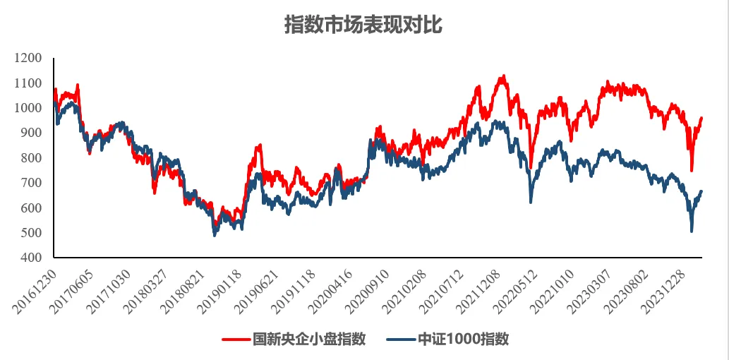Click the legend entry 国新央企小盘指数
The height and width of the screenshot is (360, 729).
pos(309,339)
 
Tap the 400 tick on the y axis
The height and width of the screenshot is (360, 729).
pos(31,258)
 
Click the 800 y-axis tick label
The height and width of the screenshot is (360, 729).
pos(31,158)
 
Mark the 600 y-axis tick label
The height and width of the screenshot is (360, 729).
pos(31,208)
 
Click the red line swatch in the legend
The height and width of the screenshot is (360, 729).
pos(236,340)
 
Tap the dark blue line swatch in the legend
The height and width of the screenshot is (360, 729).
pos(400,340)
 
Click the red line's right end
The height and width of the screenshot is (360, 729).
pos(701,118)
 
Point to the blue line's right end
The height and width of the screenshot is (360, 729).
pos(701,191)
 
